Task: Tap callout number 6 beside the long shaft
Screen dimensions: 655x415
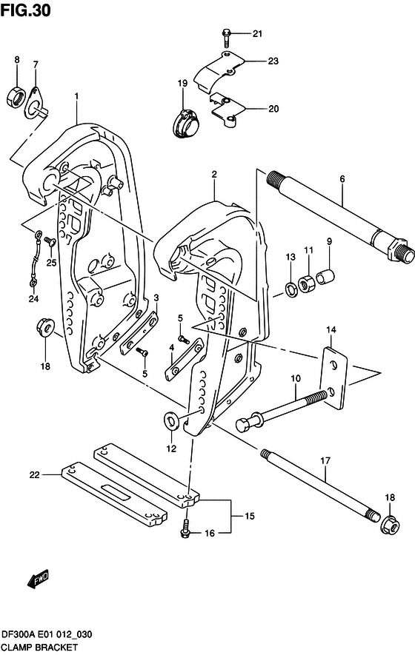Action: [x=342, y=178]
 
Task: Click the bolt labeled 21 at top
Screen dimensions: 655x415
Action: [x=227, y=33]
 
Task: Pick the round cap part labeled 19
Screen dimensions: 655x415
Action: [x=183, y=122]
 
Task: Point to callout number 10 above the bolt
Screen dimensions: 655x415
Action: [x=295, y=379]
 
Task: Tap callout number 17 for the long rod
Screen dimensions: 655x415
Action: [x=325, y=461]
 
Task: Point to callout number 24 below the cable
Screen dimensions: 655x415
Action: [x=33, y=299]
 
